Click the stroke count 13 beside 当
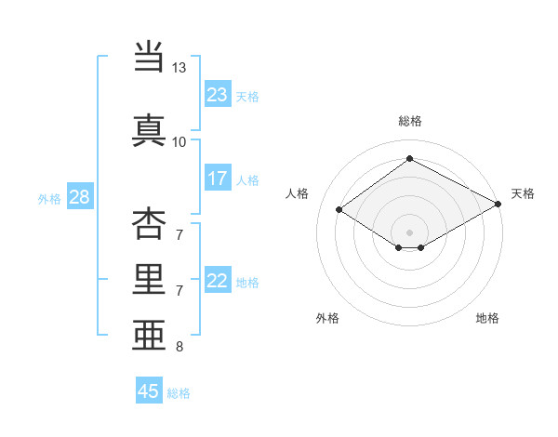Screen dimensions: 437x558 pyautogui.click(x=179, y=68)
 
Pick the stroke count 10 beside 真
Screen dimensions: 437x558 pyautogui.click(x=179, y=141)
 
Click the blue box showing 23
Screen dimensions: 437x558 pyautogui.click(x=217, y=94)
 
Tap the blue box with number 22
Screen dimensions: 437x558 pyautogui.click(x=217, y=281)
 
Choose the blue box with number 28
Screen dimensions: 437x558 pyautogui.click(x=79, y=197)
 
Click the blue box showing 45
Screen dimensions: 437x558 pyautogui.click(x=149, y=391)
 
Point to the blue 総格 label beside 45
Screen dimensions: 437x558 pyautogui.click(x=179, y=393)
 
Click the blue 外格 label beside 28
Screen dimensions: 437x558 pyautogui.click(x=49, y=198)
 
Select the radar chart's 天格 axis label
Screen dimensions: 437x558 pyautogui.click(x=523, y=193)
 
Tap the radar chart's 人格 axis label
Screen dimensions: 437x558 pyautogui.click(x=298, y=193)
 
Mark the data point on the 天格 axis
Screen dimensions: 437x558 pyautogui.click(x=498, y=204)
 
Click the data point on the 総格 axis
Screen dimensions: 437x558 pyautogui.click(x=409, y=159)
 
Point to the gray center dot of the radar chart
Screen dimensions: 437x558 pyautogui.click(x=409, y=232)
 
